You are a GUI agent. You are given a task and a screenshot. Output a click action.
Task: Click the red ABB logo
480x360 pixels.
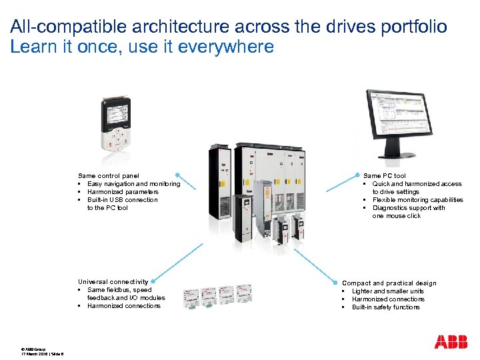tap(451, 342)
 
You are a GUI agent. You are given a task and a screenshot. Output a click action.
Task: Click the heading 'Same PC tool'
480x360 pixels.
tap(384, 176)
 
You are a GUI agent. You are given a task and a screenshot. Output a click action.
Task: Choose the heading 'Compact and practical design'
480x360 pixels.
tap(389, 283)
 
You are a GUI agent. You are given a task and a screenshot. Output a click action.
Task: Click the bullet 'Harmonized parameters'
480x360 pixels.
tap(123, 192)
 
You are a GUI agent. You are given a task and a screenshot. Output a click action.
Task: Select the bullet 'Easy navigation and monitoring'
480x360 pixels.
tap(133, 184)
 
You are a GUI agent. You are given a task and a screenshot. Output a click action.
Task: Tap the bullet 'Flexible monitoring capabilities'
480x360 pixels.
tap(417, 200)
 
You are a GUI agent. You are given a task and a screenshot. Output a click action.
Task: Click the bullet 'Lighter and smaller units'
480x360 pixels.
tap(387, 291)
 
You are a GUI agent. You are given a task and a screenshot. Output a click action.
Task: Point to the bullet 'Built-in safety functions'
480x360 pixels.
tap(386, 307)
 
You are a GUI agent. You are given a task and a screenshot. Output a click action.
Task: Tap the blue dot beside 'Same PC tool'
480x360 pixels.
tap(358, 175)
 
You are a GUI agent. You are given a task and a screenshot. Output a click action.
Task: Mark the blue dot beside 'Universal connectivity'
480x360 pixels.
tap(147, 282)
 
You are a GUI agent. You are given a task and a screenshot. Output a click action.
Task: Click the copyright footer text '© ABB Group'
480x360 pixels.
tap(33, 349)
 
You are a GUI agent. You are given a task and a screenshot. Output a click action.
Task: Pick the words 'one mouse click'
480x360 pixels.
tap(396, 216)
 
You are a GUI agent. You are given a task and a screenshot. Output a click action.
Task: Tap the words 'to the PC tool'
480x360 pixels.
tap(107, 208)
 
